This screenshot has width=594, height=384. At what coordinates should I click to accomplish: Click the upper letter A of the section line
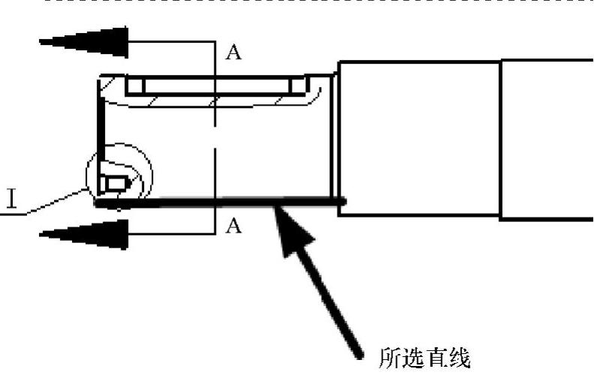[x=233, y=53]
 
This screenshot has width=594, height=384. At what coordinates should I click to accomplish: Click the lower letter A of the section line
[x=233, y=225]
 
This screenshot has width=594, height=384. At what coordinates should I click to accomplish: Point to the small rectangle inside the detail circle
[x=116, y=183]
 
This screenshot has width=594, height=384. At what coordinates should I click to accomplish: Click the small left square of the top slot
[x=135, y=85]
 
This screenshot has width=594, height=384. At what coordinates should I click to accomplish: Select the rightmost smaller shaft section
[x=546, y=139]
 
